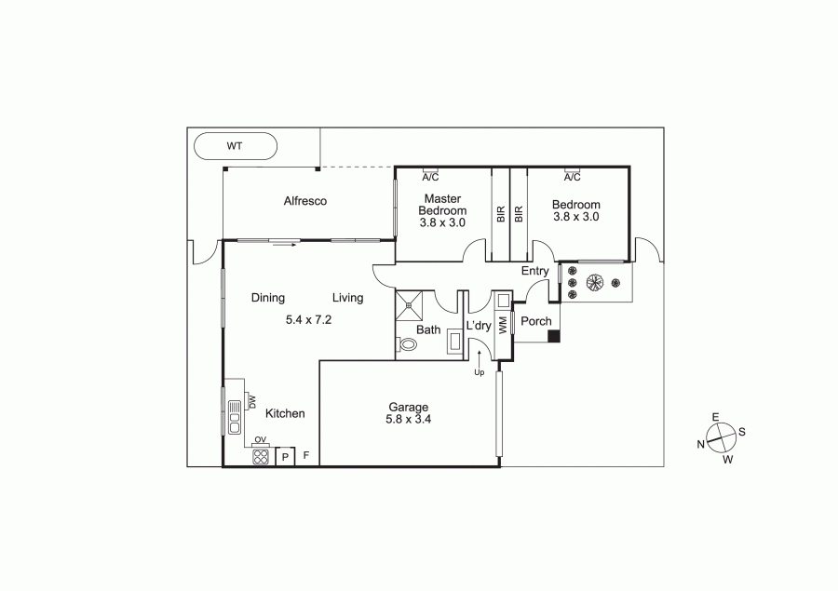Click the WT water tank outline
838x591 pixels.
point(236,132)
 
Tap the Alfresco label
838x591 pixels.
point(305,201)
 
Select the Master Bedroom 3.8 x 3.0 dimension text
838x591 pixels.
point(442,222)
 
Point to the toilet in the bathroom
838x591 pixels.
point(407,344)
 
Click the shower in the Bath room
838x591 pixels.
point(409,305)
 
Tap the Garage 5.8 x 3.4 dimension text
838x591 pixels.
point(409,420)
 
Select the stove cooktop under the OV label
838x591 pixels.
point(261,456)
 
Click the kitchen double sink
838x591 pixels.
point(234,417)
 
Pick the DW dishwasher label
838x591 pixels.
point(252,402)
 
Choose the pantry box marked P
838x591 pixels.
point(286,457)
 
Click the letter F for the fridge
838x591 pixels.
point(306,455)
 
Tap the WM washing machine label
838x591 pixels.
point(503,326)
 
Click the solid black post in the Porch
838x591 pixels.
point(555,336)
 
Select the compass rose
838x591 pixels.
point(721,438)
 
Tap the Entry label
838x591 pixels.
point(535,271)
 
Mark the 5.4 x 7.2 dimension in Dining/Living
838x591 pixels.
point(308,320)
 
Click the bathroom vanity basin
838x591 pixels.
point(456,342)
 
